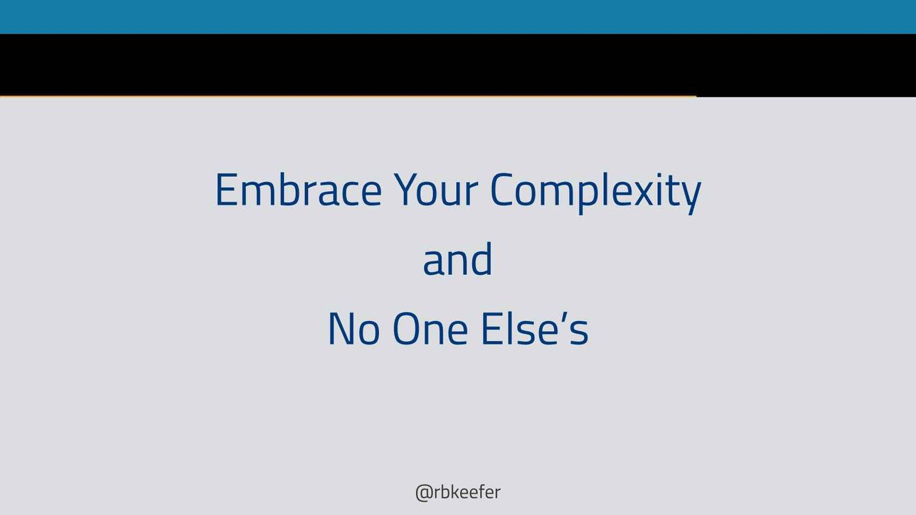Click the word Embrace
[299, 190]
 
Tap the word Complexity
[596, 192]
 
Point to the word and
[457, 259]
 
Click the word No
[353, 329]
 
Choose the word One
[430, 329]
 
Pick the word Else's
[536, 329]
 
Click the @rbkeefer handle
[457, 492]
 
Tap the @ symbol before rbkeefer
[423, 494]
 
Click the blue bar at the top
[458, 17]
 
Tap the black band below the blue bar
[458, 65]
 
